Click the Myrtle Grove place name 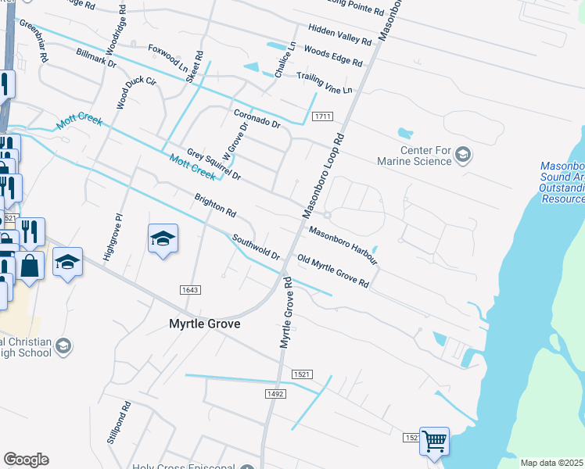coord(205,324)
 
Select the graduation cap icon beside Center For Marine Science coord(464,153)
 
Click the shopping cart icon coord(434,440)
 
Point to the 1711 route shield coord(322,116)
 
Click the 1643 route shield coord(190,290)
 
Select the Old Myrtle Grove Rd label coord(332,270)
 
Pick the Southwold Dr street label coord(255,246)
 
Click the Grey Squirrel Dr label coord(214,165)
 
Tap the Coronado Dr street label coord(257,118)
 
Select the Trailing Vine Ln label coord(324,83)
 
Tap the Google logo coord(26,460)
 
